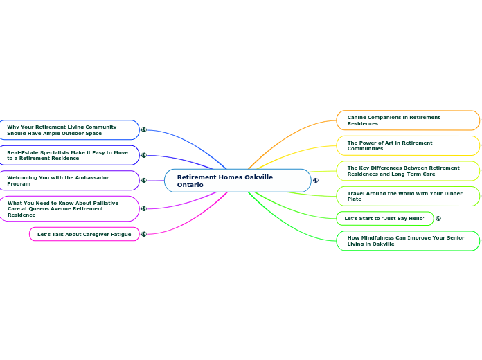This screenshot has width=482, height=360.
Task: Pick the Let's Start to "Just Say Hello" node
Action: pyautogui.click(x=384, y=219)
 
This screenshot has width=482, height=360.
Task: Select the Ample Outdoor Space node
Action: pyautogui.click(x=69, y=130)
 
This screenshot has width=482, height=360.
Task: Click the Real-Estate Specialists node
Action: pyautogui.click(x=69, y=155)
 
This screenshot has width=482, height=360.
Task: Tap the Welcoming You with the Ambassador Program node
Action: pyautogui.click(x=69, y=181)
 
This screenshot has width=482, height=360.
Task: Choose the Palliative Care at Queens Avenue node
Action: pyautogui.click(x=69, y=208)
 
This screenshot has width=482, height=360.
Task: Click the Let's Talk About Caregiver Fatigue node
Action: pyautogui.click(x=84, y=234)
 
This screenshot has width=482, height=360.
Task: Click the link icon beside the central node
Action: pyautogui.click(x=316, y=181)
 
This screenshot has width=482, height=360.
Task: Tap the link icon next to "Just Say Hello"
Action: pyautogui.click(x=438, y=219)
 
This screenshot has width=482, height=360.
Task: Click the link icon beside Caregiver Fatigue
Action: pyautogui.click(x=144, y=234)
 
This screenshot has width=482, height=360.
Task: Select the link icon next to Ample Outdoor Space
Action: pyautogui.click(x=144, y=129)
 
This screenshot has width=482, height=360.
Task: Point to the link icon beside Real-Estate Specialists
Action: pyautogui.click(x=144, y=155)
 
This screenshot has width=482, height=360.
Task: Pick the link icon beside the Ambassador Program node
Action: pyautogui.click(x=144, y=181)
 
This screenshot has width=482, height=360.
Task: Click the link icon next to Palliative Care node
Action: pyautogui.click(x=144, y=208)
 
